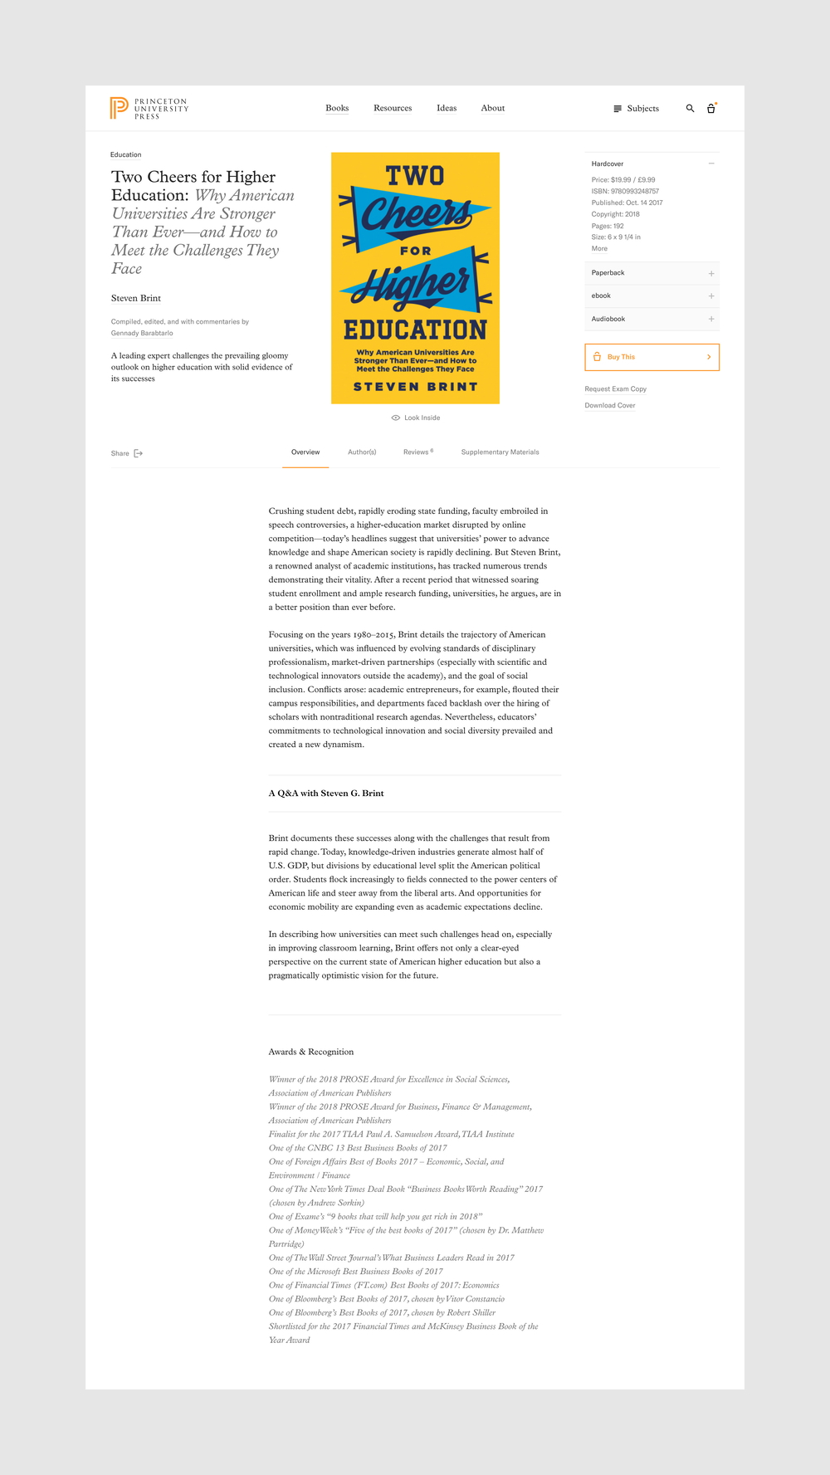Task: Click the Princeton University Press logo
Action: [149, 108]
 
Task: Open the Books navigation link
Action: [337, 108]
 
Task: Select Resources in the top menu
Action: [393, 108]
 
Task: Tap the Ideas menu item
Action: [447, 108]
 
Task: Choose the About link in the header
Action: [493, 108]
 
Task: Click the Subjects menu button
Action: [636, 109]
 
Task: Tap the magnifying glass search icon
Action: [690, 109]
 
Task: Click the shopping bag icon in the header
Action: [711, 109]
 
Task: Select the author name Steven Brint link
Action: [136, 298]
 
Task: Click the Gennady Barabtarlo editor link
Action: [142, 333]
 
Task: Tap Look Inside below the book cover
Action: [416, 418]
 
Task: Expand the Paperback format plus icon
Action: [711, 273]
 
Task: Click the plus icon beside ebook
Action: [711, 295]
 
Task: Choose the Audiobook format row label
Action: [608, 319]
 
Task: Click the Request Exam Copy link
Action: [615, 388]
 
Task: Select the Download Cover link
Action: [610, 405]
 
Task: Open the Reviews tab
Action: [417, 452]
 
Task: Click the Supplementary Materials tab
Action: [500, 452]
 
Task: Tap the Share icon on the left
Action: [139, 453]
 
